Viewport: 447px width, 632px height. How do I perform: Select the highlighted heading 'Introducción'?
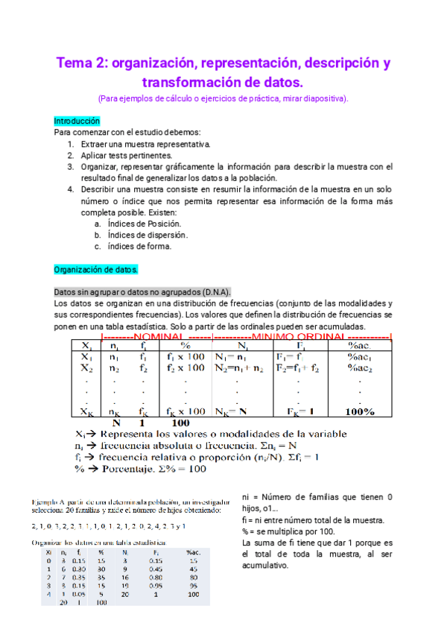(x=77, y=121)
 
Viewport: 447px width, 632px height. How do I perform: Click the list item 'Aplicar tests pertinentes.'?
(x=129, y=156)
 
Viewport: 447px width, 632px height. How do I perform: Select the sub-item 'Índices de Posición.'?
(x=143, y=224)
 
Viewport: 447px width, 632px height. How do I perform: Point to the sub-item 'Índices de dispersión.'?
(x=147, y=235)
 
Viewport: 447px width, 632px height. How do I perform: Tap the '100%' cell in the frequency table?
(x=359, y=411)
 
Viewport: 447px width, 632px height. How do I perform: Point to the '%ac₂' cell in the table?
(x=358, y=368)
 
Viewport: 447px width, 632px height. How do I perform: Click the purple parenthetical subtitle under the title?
(x=223, y=98)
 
